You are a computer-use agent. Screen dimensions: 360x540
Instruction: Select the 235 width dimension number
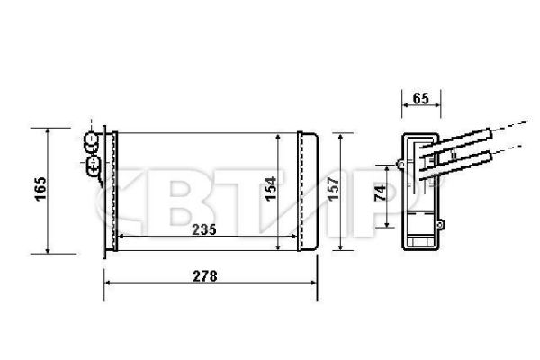(x=204, y=229)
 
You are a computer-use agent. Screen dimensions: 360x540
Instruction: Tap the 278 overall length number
(x=204, y=276)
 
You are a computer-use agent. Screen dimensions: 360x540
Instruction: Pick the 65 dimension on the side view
(x=419, y=98)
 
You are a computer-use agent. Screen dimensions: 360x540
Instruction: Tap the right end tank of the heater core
(x=308, y=191)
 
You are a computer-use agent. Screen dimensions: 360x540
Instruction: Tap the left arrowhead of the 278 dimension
(x=108, y=282)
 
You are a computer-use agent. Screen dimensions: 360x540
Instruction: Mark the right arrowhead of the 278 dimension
(x=316, y=282)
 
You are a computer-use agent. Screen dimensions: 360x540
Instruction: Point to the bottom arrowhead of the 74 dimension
(x=389, y=225)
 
